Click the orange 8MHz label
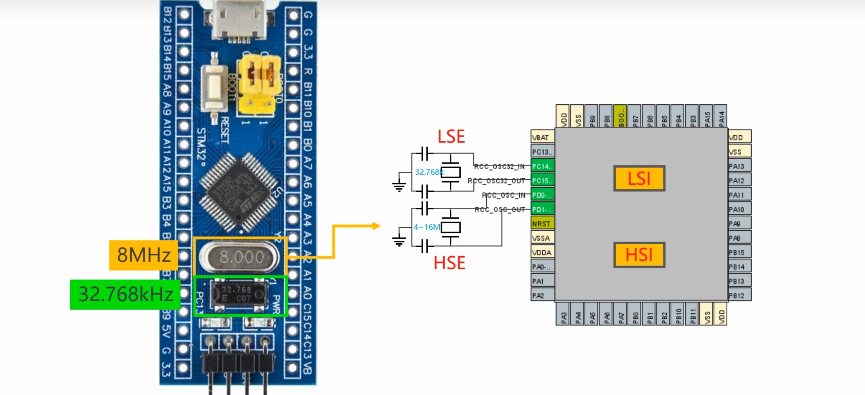click(x=143, y=255)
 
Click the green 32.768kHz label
click(x=125, y=294)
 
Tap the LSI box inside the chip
click(x=639, y=178)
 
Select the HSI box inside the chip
click(x=639, y=255)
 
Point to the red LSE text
click(x=451, y=137)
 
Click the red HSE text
click(x=449, y=263)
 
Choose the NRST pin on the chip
click(x=542, y=224)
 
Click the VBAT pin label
click(x=542, y=137)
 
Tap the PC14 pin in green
click(x=542, y=166)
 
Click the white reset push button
click(x=214, y=88)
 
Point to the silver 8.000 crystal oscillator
click(x=239, y=257)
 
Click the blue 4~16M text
click(x=426, y=227)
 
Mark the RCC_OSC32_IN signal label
click(x=499, y=166)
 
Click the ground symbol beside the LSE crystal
click(x=399, y=186)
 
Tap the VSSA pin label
click(x=542, y=238)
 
